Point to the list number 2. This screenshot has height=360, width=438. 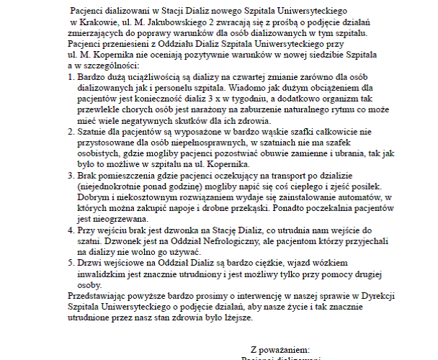(69, 132)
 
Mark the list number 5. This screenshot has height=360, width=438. (69, 264)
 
